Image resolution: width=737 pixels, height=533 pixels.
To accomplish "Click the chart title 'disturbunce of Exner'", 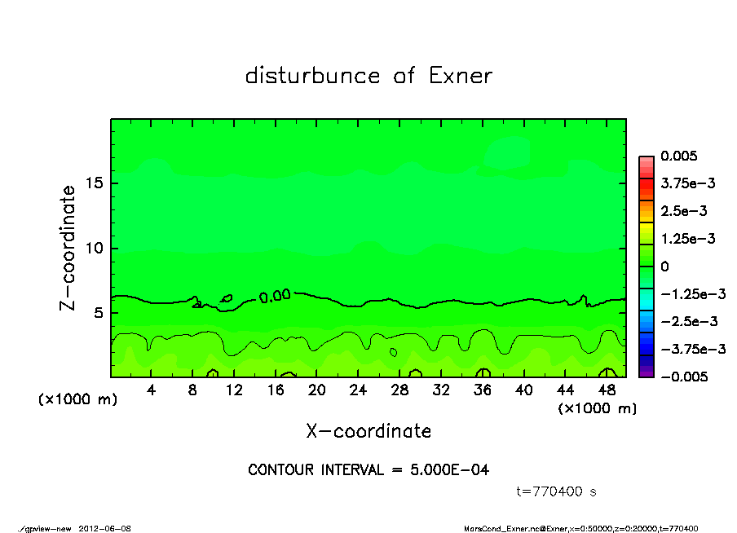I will point(368,76).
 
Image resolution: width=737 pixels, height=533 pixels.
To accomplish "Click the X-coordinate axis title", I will point(368,430).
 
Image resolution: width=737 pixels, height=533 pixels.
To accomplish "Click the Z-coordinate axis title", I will point(68,248).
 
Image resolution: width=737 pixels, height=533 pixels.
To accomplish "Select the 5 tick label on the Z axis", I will point(97,312).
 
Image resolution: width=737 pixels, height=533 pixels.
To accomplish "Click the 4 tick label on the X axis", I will point(152,390).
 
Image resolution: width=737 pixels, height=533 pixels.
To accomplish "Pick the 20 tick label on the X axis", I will point(317,390).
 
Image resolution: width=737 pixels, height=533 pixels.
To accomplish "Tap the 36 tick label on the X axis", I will point(483,390).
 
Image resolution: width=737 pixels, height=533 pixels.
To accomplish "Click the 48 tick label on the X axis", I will point(607,390).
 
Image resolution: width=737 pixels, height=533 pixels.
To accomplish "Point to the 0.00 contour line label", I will point(275,296).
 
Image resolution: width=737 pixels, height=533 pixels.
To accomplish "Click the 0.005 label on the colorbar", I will point(681,156).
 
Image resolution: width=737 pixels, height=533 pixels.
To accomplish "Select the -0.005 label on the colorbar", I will point(684,377).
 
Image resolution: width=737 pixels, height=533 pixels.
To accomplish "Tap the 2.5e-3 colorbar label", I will point(684,211).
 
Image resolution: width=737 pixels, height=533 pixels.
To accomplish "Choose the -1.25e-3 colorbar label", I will point(687,293).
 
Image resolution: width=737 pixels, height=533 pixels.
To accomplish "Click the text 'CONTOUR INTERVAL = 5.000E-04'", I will point(368,470).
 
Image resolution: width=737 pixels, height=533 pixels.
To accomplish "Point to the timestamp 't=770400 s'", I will point(558,491).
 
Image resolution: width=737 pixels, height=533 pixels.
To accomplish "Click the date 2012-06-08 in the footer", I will point(105,528).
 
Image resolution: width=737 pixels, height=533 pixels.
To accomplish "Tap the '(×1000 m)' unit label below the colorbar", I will point(597,407).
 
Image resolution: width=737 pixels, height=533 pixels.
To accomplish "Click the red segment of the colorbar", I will point(647,188).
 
